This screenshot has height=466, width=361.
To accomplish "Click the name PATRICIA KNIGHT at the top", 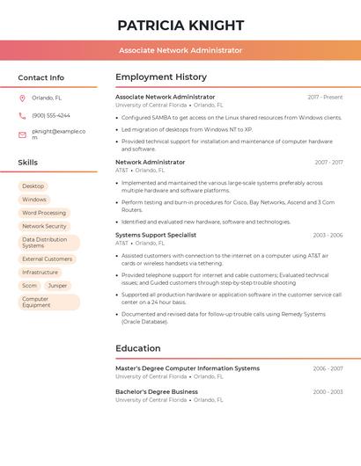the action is click(180, 25).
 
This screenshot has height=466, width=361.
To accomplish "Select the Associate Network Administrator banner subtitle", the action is click(180, 50).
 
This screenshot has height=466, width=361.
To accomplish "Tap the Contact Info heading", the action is click(41, 77).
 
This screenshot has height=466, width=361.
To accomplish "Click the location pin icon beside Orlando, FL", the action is click(22, 98).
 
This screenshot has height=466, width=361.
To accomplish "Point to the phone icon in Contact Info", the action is click(22, 115).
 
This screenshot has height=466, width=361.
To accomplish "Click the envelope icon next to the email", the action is click(22, 135).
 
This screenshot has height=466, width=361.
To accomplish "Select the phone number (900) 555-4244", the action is click(51, 115).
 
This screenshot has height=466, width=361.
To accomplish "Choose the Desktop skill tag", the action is click(33, 186).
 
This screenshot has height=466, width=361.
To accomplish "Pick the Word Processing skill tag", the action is click(44, 213).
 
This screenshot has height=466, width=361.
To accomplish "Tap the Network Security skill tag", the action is click(44, 226).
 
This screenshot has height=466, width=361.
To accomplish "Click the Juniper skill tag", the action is click(57, 286).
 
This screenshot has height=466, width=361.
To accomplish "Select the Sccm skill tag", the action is click(30, 286).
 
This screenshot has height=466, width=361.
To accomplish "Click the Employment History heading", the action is click(161, 77).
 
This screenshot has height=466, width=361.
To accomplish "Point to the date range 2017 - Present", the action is click(325, 97).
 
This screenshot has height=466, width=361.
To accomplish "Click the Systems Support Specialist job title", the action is click(156, 235).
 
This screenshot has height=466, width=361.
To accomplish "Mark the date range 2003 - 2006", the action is click(328, 236).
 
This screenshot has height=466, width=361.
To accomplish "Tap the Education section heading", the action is click(138, 348).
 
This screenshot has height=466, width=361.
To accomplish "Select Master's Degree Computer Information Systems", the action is click(188, 368).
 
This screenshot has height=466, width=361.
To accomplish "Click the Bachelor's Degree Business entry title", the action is click(157, 391).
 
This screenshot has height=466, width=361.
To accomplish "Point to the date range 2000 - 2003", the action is click(328, 392).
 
